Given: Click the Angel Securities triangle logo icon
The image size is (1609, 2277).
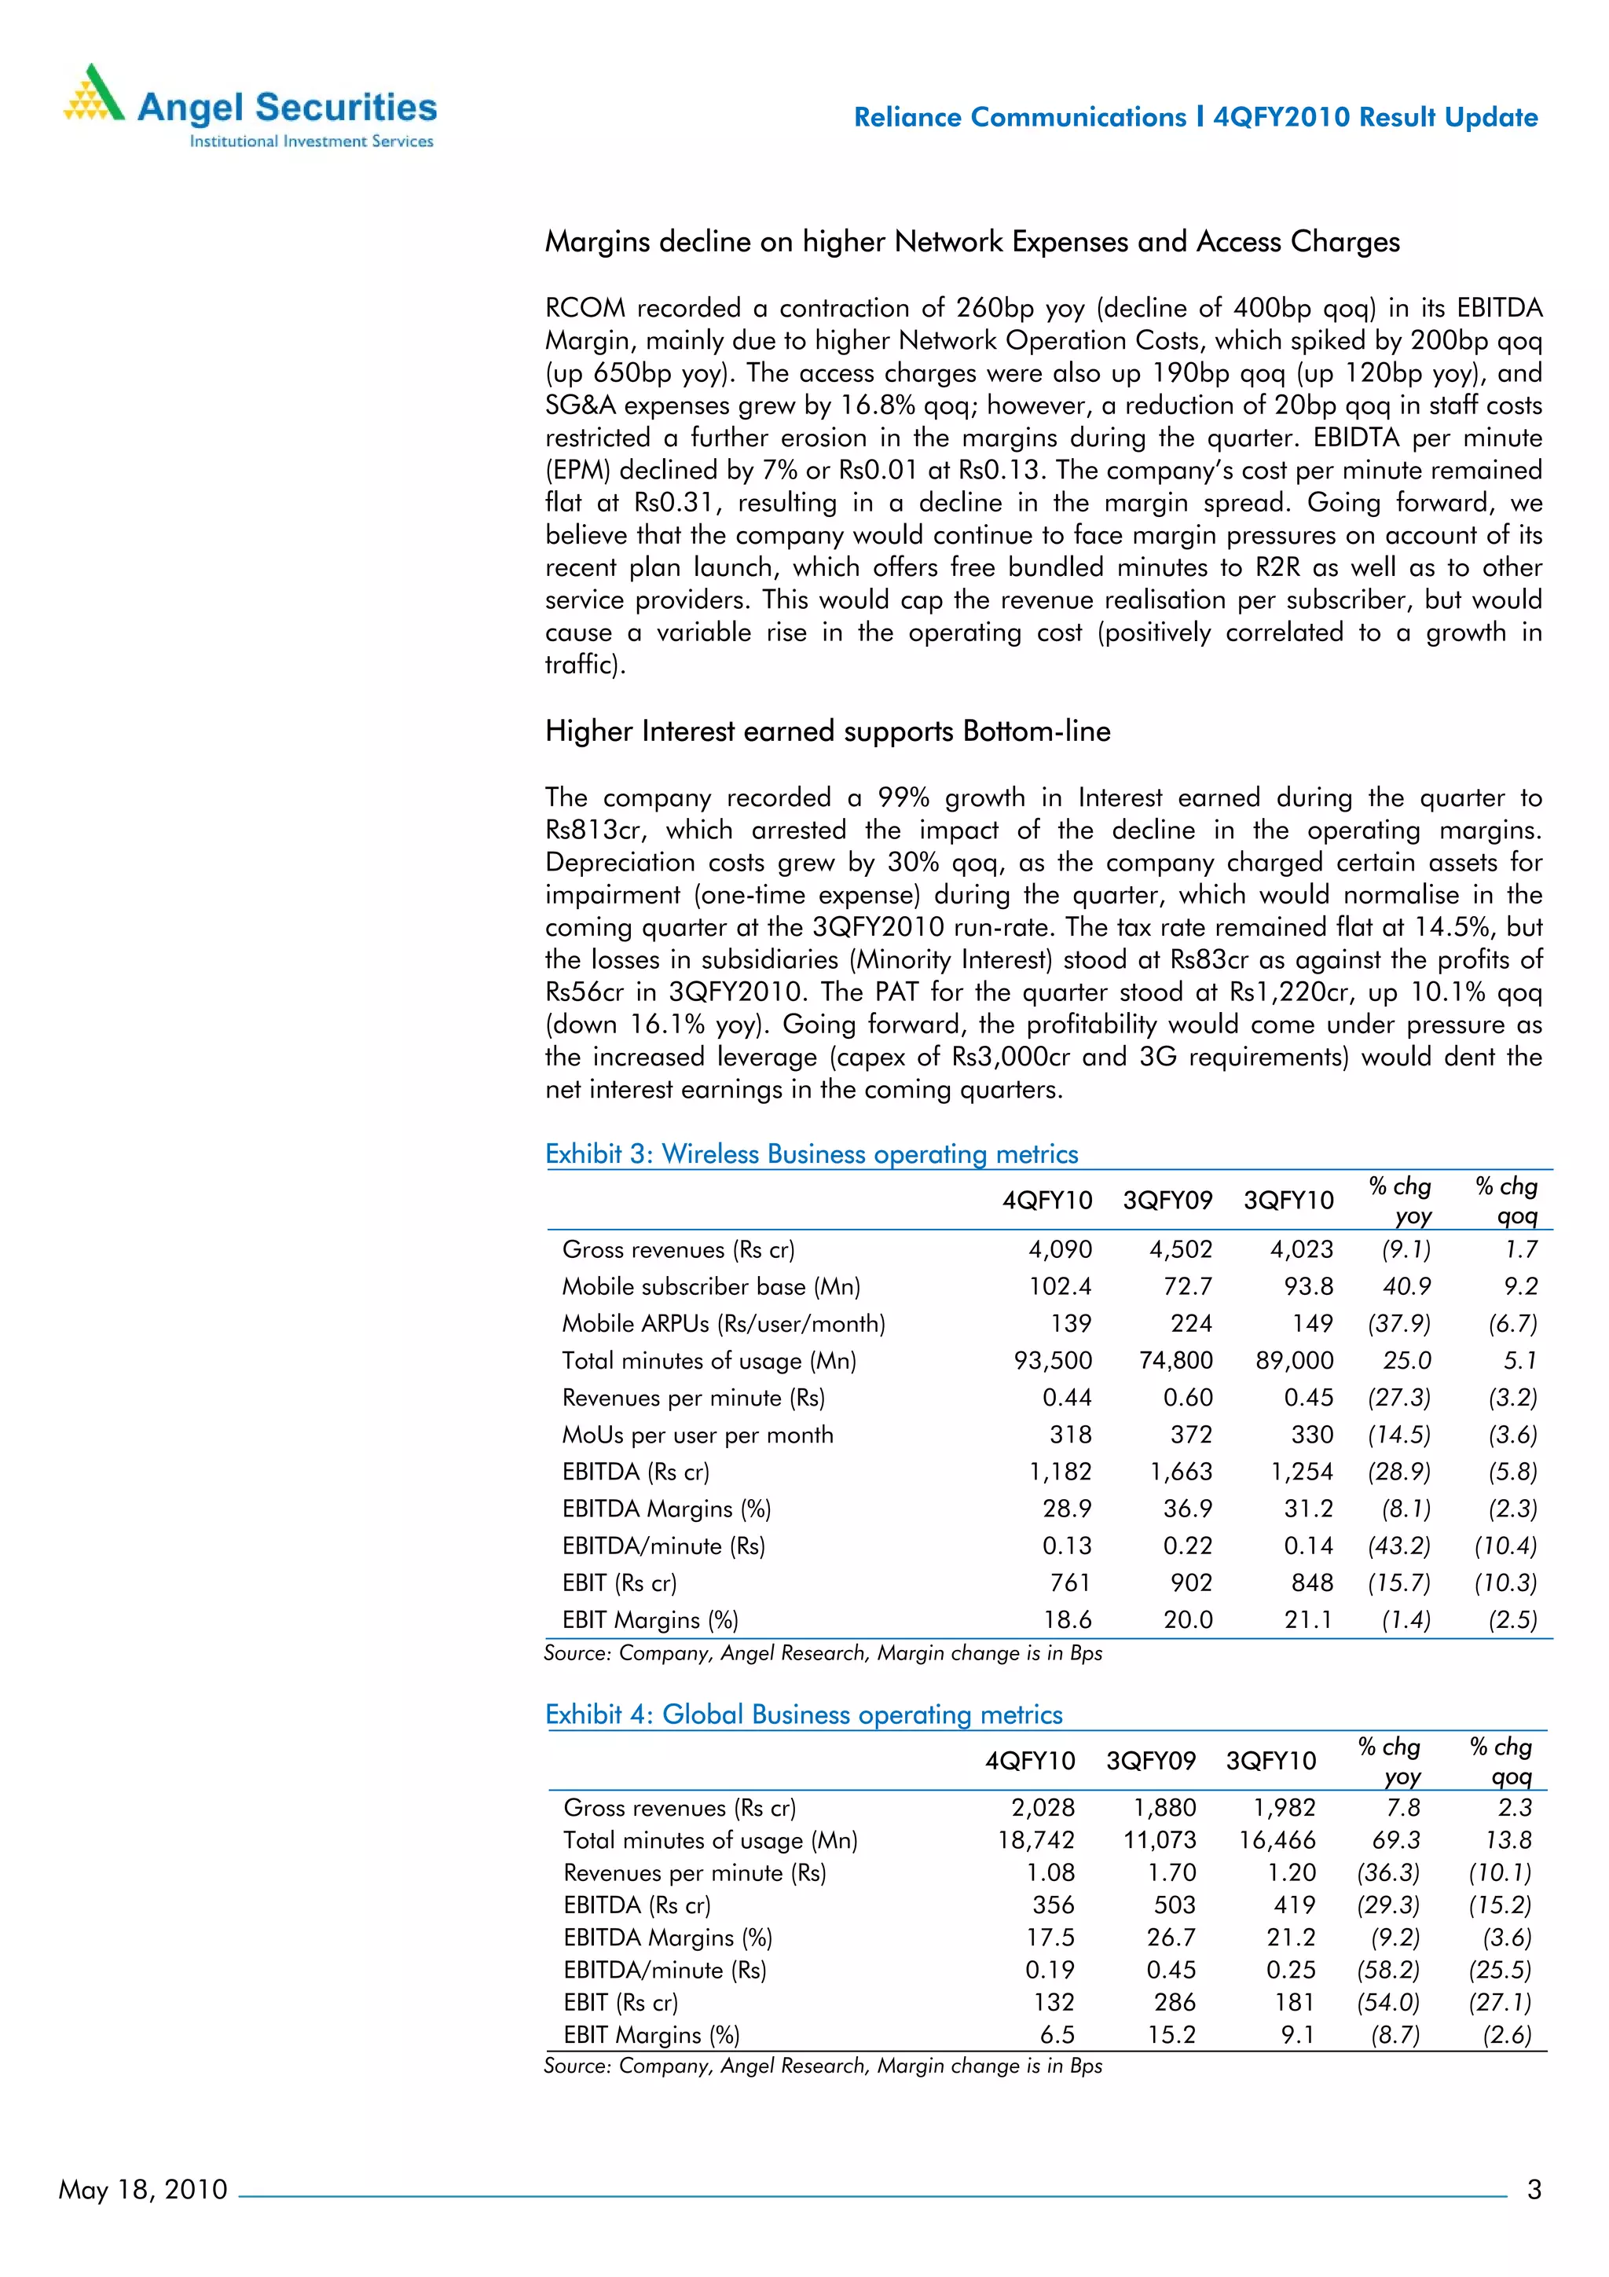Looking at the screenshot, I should coord(94,94).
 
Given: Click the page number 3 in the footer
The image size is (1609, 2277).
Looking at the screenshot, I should coord(1534,2189).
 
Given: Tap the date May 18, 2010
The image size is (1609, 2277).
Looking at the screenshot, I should coord(143,2189).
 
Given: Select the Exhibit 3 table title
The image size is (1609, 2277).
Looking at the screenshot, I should coord(811,1154).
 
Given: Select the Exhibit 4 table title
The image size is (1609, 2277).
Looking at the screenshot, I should coord(803,1714).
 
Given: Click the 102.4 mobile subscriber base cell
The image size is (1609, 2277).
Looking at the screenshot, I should coord(1059,1286).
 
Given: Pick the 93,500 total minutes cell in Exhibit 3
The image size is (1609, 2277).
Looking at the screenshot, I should coord(1052,1361).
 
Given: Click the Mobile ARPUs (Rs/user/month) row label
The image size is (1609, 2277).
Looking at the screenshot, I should coord(723,1324).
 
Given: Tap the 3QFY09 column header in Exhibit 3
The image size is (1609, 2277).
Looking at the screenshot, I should coord(1167,1201).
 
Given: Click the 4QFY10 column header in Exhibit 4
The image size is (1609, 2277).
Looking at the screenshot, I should coord(1029,1762).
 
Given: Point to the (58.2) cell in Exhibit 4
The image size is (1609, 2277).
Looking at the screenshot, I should coord(1388,1970).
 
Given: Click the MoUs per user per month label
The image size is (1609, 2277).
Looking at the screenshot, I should coord(697,1435).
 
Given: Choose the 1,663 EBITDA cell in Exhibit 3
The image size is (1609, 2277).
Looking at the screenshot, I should coord(1181,1472).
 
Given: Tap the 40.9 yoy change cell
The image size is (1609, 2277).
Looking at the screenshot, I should coord(1406,1286).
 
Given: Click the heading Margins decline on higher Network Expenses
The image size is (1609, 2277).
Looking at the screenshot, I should coord(972,242).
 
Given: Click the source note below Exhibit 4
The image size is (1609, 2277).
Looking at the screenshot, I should coord(822,2066).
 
